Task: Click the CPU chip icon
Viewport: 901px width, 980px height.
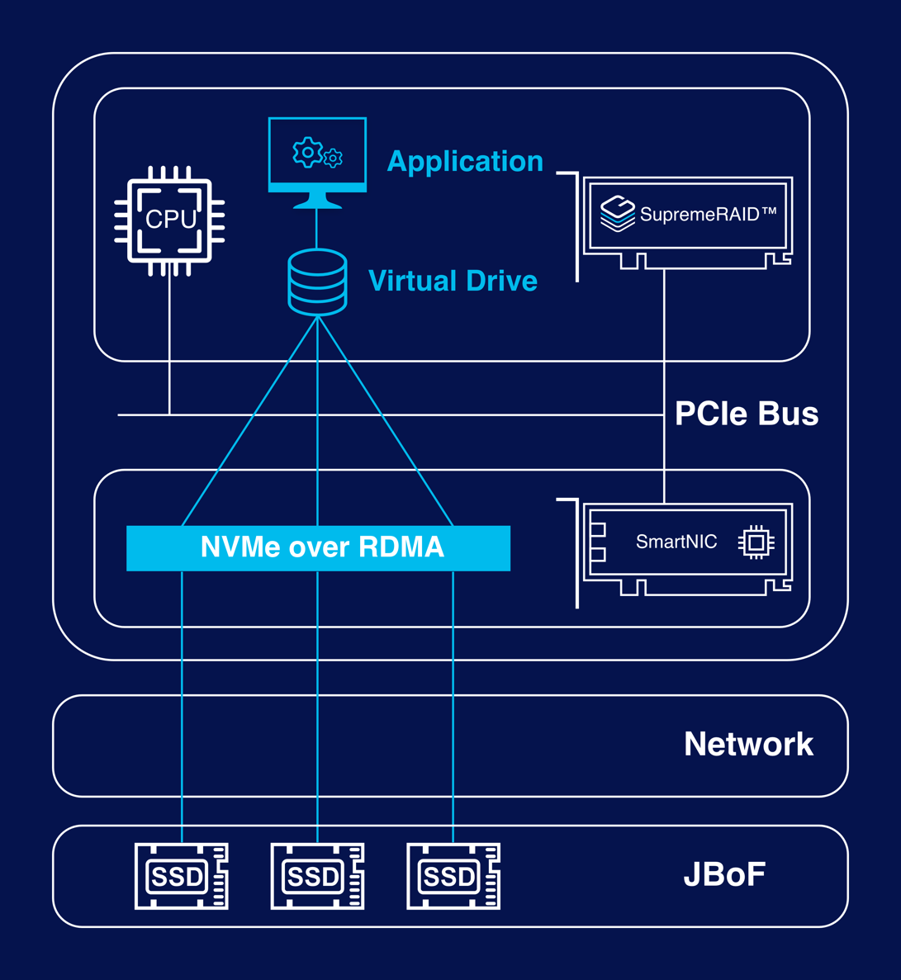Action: (x=169, y=220)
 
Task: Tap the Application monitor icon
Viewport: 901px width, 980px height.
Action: (x=317, y=162)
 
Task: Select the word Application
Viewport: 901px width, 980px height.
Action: (x=465, y=161)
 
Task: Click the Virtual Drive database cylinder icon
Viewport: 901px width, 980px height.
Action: (x=317, y=282)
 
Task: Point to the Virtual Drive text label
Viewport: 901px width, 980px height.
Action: (x=453, y=281)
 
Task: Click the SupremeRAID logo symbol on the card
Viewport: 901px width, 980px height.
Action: (x=617, y=214)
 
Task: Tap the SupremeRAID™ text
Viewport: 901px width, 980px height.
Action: (x=709, y=215)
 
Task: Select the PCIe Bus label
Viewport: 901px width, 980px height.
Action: (x=747, y=414)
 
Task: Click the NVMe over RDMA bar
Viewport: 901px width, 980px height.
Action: (x=318, y=547)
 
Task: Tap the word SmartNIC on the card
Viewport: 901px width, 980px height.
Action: (x=676, y=542)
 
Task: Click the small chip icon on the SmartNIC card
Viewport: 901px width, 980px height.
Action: (x=756, y=542)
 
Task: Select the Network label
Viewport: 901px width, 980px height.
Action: (x=748, y=745)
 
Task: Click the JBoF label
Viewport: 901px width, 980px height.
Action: (x=724, y=875)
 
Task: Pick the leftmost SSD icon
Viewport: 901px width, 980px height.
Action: (x=181, y=876)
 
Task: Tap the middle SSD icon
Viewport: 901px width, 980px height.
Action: (x=317, y=876)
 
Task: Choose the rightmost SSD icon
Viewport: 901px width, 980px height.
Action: (x=453, y=876)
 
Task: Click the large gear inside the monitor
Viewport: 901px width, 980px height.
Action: (x=307, y=153)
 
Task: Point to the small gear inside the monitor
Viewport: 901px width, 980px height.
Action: (x=333, y=158)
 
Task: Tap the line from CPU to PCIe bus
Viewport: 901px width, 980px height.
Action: (x=169, y=347)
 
